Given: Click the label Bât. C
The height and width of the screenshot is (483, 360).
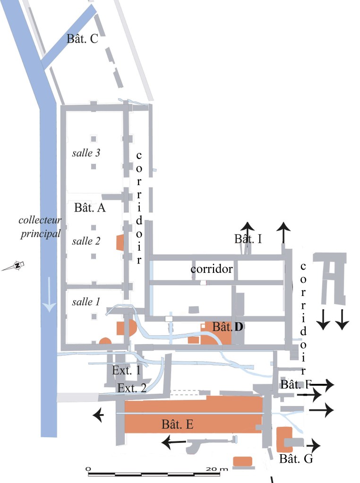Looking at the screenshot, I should point(82,39).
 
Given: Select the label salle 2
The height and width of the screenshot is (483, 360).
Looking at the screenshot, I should point(86,241).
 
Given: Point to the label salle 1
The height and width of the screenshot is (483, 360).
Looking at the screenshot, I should point(86,302).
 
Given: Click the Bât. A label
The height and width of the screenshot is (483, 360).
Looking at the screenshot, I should point(90,208).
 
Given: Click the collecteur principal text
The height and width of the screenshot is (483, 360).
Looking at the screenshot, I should point(40,227).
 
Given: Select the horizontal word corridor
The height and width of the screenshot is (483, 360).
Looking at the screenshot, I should point(212,269).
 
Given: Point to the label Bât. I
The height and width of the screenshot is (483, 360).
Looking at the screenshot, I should point(248,239).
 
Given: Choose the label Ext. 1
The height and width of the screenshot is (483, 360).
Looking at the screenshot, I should point(126,371).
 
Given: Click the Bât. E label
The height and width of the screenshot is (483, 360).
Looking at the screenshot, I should point(177,424).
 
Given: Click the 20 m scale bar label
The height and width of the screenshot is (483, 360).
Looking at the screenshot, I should point(217,468).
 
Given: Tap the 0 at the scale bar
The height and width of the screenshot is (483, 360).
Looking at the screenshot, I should point(88,468).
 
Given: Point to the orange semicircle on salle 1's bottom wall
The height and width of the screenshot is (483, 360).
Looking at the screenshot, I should point(105,341).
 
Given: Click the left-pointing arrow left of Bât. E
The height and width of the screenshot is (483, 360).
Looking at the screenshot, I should point(99,415).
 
